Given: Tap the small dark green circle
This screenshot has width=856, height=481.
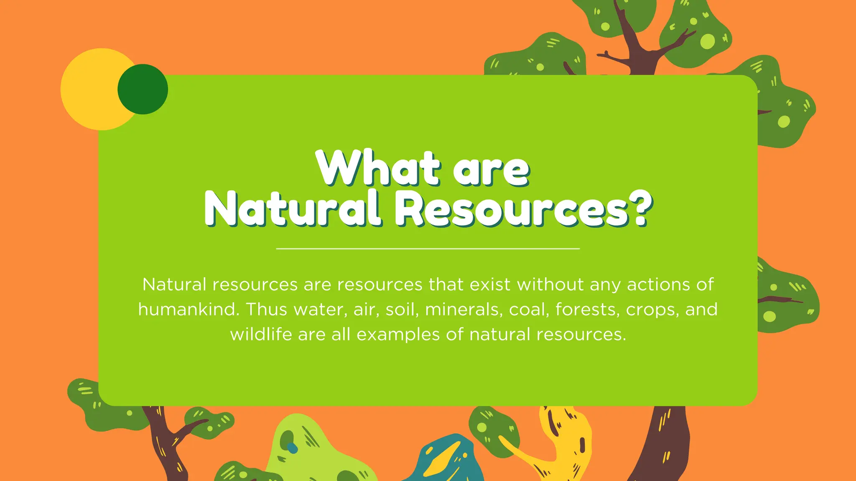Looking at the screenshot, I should point(143,89).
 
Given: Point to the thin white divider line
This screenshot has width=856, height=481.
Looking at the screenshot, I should point(428,248).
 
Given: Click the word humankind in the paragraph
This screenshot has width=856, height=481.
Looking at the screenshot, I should point(189,310).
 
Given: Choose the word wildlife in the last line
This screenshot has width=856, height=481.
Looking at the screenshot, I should point(261,334).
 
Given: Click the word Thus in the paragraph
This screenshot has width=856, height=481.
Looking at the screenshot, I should point(266,310).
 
